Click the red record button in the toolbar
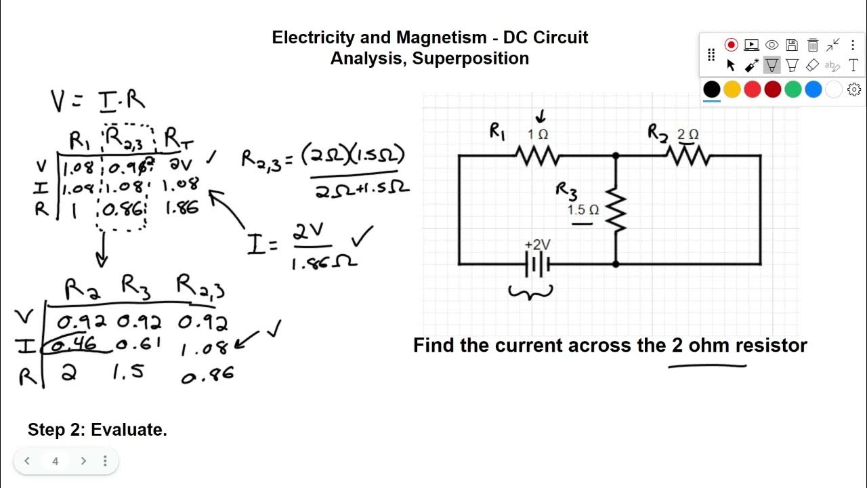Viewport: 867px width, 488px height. tap(731, 45)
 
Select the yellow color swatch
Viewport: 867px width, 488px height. tap(732, 89)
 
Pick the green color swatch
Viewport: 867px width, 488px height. tap(793, 89)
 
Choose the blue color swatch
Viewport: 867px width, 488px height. tap(813, 89)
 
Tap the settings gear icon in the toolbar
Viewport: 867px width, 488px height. tap(854, 89)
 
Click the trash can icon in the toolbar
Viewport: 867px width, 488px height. tap(813, 45)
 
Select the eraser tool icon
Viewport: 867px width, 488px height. tap(813, 66)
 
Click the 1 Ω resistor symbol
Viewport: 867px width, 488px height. tap(538, 157)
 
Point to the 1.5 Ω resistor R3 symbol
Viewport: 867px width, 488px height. tap(616, 210)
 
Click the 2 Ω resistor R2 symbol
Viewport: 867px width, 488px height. tap(688, 157)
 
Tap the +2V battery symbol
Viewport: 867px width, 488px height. tap(537, 264)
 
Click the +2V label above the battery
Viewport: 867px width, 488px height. tap(537, 245)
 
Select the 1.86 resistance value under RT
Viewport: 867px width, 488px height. tap(182, 207)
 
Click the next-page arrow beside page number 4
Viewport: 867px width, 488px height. tap(83, 461)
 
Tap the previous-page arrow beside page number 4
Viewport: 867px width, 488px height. tap(27, 461)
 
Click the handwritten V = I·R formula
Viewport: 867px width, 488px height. tap(98, 100)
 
